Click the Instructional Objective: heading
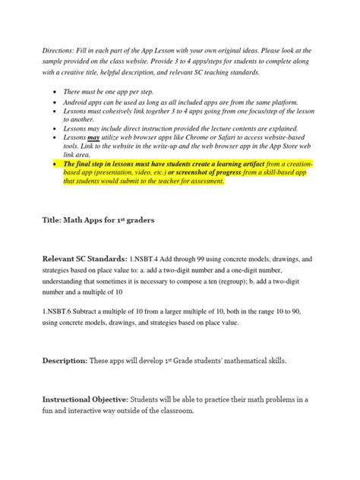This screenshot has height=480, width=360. pyautogui.click(x=84, y=399)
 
